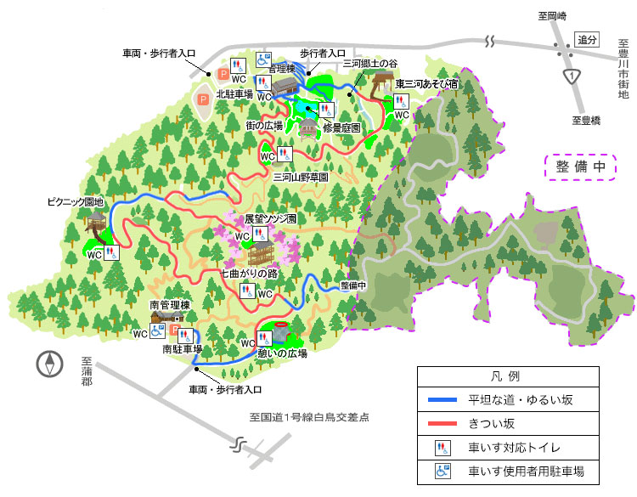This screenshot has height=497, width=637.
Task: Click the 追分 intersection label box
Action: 587,40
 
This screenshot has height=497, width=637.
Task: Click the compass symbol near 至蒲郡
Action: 50,364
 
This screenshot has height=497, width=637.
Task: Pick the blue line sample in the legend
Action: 442,399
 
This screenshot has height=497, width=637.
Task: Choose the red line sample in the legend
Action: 442,423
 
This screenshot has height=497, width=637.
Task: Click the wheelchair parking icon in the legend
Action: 442,471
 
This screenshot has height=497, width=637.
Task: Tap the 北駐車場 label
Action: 234,94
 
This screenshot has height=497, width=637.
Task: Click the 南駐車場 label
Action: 182,349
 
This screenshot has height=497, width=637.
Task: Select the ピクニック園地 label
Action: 75,202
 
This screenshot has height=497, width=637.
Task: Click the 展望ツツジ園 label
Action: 270,218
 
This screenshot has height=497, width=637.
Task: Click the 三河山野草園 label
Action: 301,178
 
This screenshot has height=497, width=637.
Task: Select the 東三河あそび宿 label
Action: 427,83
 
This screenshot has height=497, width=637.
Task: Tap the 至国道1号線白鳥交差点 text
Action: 309,418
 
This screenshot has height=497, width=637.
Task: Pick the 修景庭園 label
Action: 341,126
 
